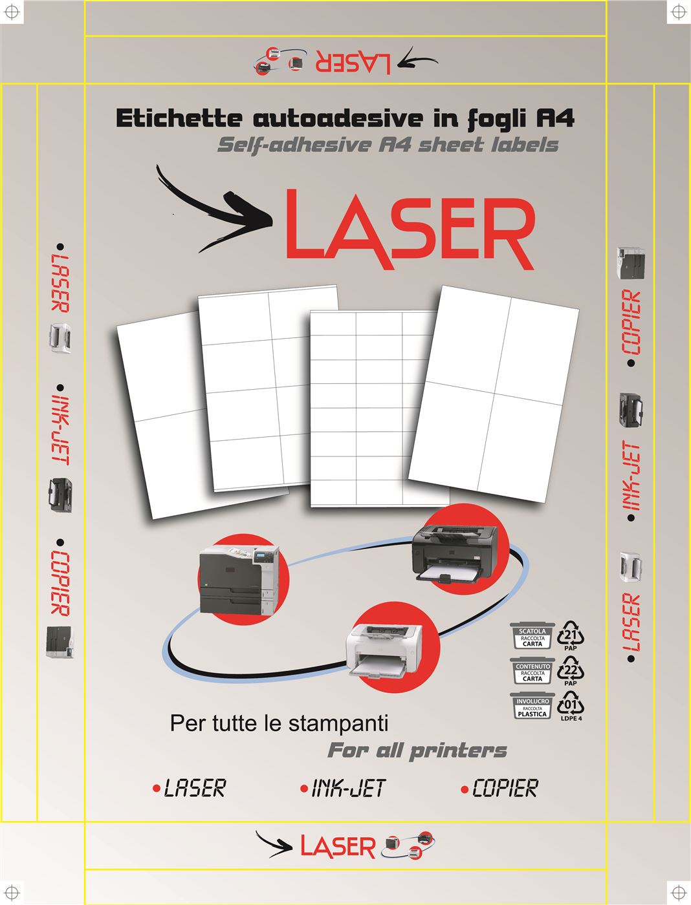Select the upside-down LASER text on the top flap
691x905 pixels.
pos(353,61)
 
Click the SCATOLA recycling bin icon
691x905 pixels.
pos(532,635)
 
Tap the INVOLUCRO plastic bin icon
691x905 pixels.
pos(532,706)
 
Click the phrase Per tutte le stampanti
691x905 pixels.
pos(279,723)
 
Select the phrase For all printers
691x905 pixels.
pos(417,751)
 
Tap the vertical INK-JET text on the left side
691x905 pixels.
pos(61,431)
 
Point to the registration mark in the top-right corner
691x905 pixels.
pos(677,12)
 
